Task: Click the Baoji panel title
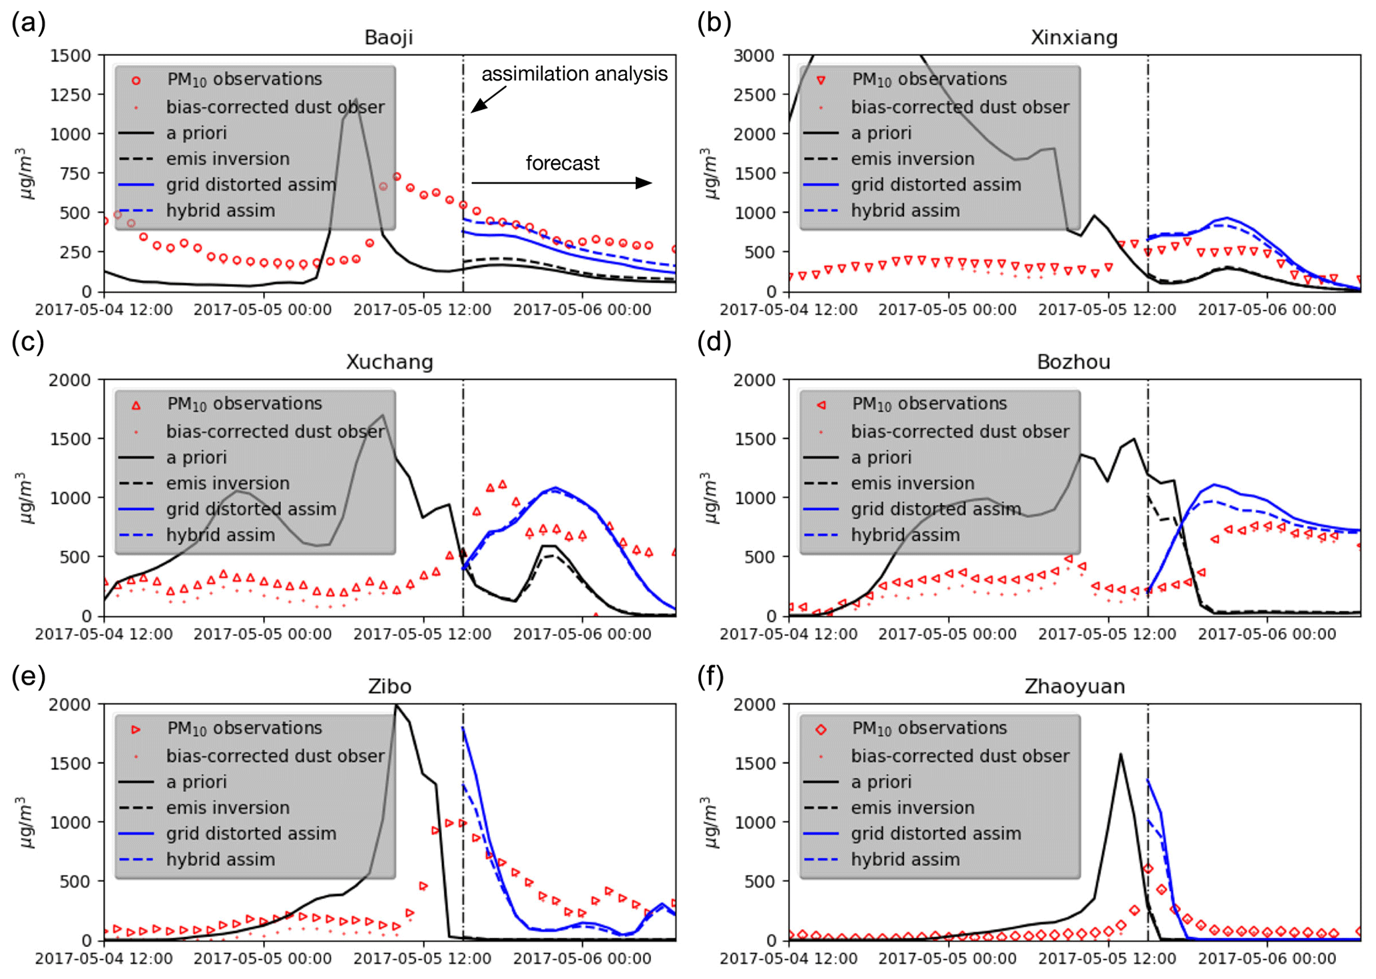pyautogui.click(x=389, y=37)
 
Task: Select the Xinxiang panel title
pyautogui.click(x=1074, y=37)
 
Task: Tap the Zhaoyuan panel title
pyautogui.click(x=1074, y=686)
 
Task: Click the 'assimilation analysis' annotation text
pyautogui.click(x=574, y=73)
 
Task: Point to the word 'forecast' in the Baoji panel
pyautogui.click(x=563, y=163)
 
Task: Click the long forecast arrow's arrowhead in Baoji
pyautogui.click(x=644, y=182)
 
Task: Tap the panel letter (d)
pyautogui.click(x=714, y=342)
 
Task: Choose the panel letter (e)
pyautogui.click(x=29, y=676)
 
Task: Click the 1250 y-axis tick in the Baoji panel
pyautogui.click(x=71, y=95)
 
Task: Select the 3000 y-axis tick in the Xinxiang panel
pyautogui.click(x=755, y=55)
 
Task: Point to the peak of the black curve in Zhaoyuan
pyautogui.click(x=1120, y=755)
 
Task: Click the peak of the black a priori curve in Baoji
pyautogui.click(x=357, y=100)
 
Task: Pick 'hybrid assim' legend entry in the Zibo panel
pyautogui.click(x=220, y=859)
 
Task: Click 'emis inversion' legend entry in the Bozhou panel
pyautogui.click(x=912, y=484)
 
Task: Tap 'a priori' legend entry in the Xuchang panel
pyautogui.click(x=196, y=458)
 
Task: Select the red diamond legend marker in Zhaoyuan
pyautogui.click(x=821, y=729)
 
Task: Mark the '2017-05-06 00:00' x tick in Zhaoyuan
pyautogui.click(x=1267, y=959)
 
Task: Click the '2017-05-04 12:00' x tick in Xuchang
pyautogui.click(x=104, y=634)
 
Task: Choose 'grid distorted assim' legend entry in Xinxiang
pyautogui.click(x=935, y=184)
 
